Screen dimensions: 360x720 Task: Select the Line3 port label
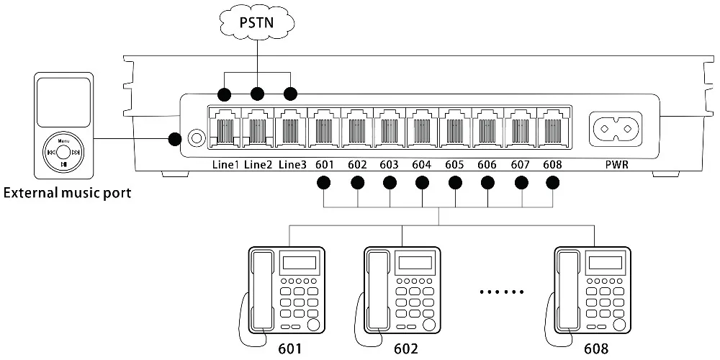[x=292, y=165]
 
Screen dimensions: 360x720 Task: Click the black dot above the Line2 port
[x=257, y=94]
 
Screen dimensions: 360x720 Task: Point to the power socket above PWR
[x=616, y=129]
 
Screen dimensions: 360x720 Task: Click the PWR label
[x=616, y=165]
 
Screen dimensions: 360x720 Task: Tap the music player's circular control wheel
[x=64, y=152]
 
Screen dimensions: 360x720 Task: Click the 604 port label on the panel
[x=422, y=165]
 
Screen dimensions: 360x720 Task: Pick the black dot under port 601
[x=324, y=182]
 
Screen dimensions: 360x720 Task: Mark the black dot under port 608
[x=552, y=182]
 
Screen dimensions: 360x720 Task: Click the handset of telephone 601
[x=261, y=288]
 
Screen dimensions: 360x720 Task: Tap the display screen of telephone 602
[x=415, y=264]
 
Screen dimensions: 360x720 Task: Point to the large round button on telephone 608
[x=619, y=324]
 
